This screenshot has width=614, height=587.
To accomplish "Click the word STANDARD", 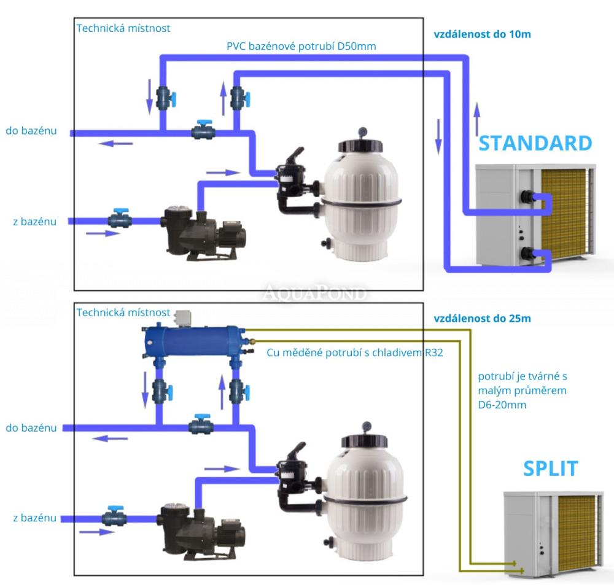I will (535, 143).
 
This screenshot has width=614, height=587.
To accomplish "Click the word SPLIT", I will (550, 468).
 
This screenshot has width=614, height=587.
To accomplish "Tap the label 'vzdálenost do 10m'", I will (482, 34).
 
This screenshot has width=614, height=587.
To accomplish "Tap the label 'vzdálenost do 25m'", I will (482, 319).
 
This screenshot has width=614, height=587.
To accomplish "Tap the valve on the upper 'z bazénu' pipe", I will (119, 219).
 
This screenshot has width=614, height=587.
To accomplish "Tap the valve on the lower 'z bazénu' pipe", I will (119, 516).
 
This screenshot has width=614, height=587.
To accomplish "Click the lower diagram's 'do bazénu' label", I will (31, 427).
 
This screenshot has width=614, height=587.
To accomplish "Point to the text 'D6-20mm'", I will (502, 406).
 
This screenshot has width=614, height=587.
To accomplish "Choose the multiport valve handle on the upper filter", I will (296, 155).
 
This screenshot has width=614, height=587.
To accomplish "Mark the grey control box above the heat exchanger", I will (182, 317).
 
